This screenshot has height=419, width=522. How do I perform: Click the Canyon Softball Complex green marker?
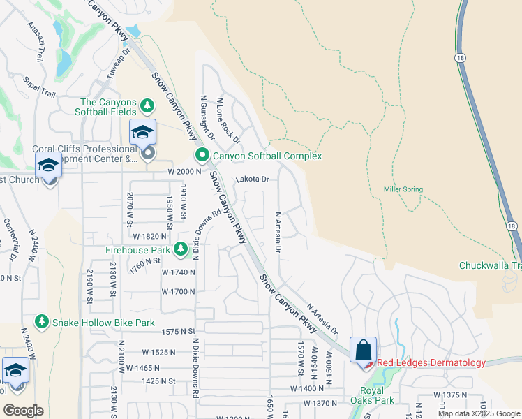202,155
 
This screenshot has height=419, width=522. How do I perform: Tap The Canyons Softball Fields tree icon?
147,105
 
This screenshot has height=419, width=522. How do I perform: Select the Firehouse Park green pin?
181,249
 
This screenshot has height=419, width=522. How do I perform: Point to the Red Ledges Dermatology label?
431,362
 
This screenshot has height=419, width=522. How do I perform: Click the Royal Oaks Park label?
377,395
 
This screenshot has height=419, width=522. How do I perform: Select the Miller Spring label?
403,189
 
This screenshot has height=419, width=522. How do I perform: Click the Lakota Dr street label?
253,179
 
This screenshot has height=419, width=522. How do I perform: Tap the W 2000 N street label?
184,171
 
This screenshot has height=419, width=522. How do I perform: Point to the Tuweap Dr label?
118,61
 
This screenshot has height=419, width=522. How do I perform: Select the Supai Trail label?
38,87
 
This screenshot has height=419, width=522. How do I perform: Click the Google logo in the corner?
23,411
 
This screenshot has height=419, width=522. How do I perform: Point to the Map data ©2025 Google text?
479,413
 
